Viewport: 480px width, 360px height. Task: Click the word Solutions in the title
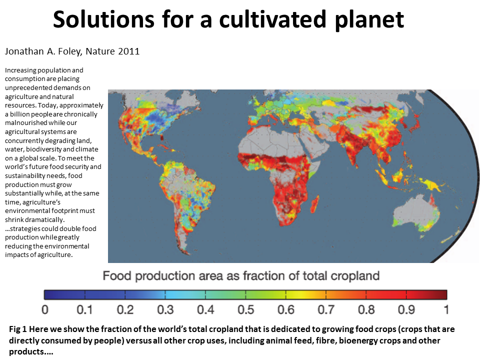tap(104, 19)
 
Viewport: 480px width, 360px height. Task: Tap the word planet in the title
tap(369, 20)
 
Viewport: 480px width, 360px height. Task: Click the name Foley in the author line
tap(68, 51)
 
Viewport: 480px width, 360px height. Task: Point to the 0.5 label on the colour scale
tap(246, 310)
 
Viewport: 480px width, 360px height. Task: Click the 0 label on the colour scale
tap(45, 310)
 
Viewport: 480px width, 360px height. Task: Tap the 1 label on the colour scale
tap(446, 310)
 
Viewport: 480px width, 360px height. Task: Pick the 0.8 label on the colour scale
tap(366, 310)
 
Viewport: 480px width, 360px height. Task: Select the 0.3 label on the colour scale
tap(165, 310)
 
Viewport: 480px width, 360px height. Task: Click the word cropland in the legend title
tap(356, 276)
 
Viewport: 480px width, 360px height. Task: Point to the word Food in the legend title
tap(117, 276)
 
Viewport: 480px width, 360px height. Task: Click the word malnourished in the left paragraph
tap(25, 123)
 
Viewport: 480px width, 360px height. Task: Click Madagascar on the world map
tap(314, 204)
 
